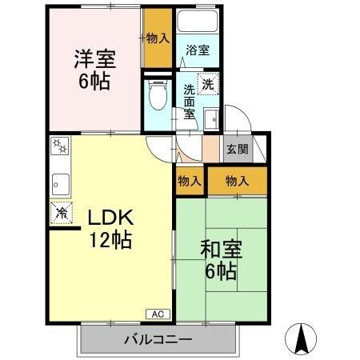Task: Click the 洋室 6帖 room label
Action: click(x=94, y=70)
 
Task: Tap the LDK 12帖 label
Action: click(x=110, y=227)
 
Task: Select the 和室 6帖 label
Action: click(x=218, y=260)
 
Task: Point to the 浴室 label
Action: click(x=198, y=50)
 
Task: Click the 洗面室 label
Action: click(x=190, y=101)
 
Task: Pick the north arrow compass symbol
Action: click(x=302, y=339)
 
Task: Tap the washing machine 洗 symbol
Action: click(x=207, y=84)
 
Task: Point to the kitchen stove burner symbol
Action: click(x=60, y=147)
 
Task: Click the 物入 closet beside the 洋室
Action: click(x=157, y=38)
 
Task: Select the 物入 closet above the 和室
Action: click(x=238, y=182)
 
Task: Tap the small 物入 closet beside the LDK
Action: click(x=189, y=182)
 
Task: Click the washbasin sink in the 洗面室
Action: click(x=211, y=120)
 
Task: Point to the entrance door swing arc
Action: click(x=240, y=120)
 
